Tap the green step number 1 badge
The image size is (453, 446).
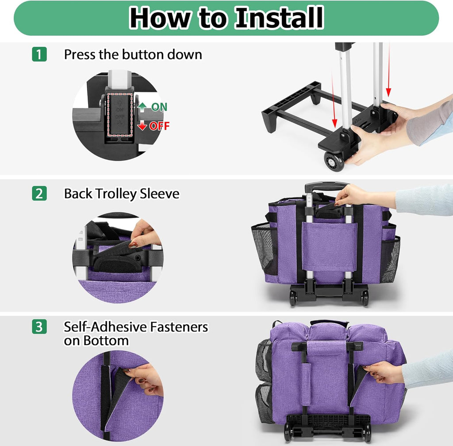[39, 54]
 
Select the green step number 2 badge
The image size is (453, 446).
[39, 194]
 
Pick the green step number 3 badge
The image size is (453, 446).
[39, 327]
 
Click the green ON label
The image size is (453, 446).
[159, 107]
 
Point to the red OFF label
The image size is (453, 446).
[159, 126]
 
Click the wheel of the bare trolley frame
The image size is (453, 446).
[334, 161]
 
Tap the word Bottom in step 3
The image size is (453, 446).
[106, 340]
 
